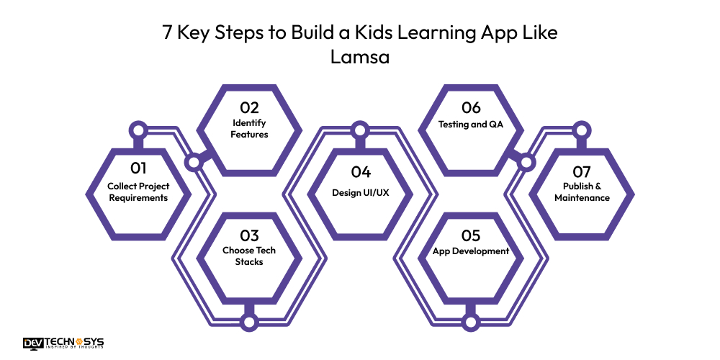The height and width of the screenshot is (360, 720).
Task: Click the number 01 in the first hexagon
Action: [138, 168]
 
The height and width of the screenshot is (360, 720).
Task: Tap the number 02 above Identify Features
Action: [249, 108]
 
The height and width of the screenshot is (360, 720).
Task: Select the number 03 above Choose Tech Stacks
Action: [249, 235]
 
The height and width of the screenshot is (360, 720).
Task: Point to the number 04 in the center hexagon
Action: [361, 172]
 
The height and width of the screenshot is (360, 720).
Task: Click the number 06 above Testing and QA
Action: [471, 108]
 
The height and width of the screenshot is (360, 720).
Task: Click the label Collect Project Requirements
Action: [138, 192]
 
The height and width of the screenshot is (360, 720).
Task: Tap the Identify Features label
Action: [249, 129]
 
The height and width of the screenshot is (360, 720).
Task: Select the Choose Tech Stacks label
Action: [249, 256]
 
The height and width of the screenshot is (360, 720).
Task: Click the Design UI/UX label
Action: [361, 192]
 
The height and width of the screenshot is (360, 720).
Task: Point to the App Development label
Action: [471, 251]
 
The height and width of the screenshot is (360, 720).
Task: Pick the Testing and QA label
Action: [471, 124]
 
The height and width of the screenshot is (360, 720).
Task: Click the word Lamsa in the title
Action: [359, 58]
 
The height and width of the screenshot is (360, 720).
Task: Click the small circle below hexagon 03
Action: [249, 321]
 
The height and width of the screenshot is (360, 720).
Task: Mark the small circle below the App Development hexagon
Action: [471, 321]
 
